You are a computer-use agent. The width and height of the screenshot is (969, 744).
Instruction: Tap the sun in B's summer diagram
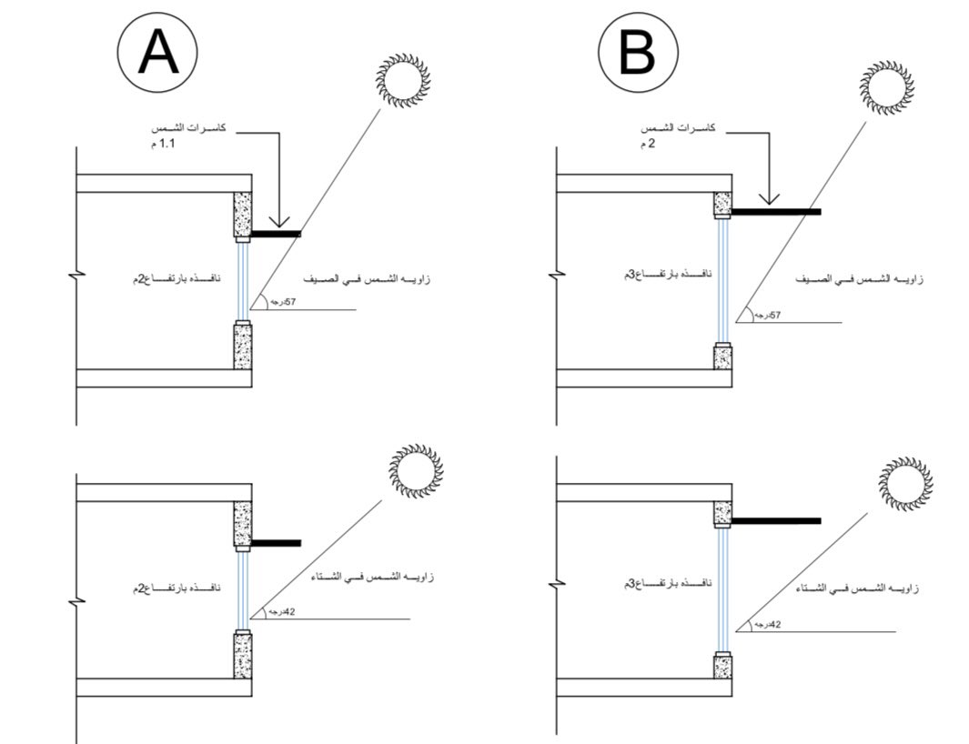(885, 87)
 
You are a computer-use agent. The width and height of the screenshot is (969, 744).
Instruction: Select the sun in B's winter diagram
(906, 484)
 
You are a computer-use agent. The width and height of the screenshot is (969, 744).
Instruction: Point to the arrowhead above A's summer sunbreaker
(279, 221)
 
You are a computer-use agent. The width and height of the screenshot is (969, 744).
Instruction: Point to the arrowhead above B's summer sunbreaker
(769, 198)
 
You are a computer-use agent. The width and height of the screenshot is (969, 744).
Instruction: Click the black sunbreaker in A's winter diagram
(276, 543)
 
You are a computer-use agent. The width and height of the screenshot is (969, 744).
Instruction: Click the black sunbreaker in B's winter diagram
(776, 521)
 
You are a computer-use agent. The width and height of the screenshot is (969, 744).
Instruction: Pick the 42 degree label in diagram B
(770, 625)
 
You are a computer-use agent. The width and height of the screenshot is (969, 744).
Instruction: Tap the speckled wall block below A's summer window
(243, 346)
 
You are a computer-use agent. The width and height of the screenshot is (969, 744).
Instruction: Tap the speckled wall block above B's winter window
(722, 513)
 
